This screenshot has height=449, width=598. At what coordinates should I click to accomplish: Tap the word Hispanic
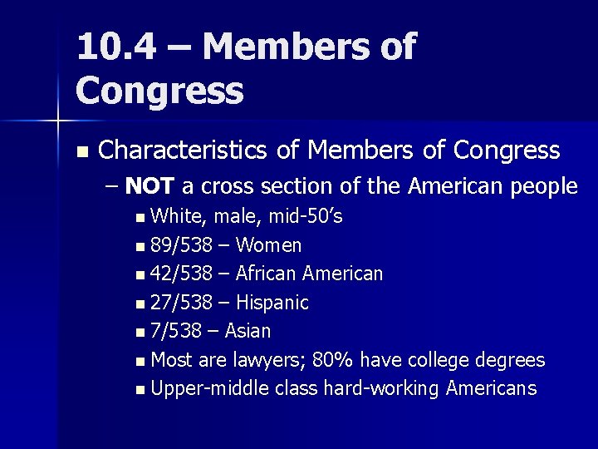click(272, 303)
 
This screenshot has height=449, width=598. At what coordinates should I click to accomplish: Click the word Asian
click(248, 331)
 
